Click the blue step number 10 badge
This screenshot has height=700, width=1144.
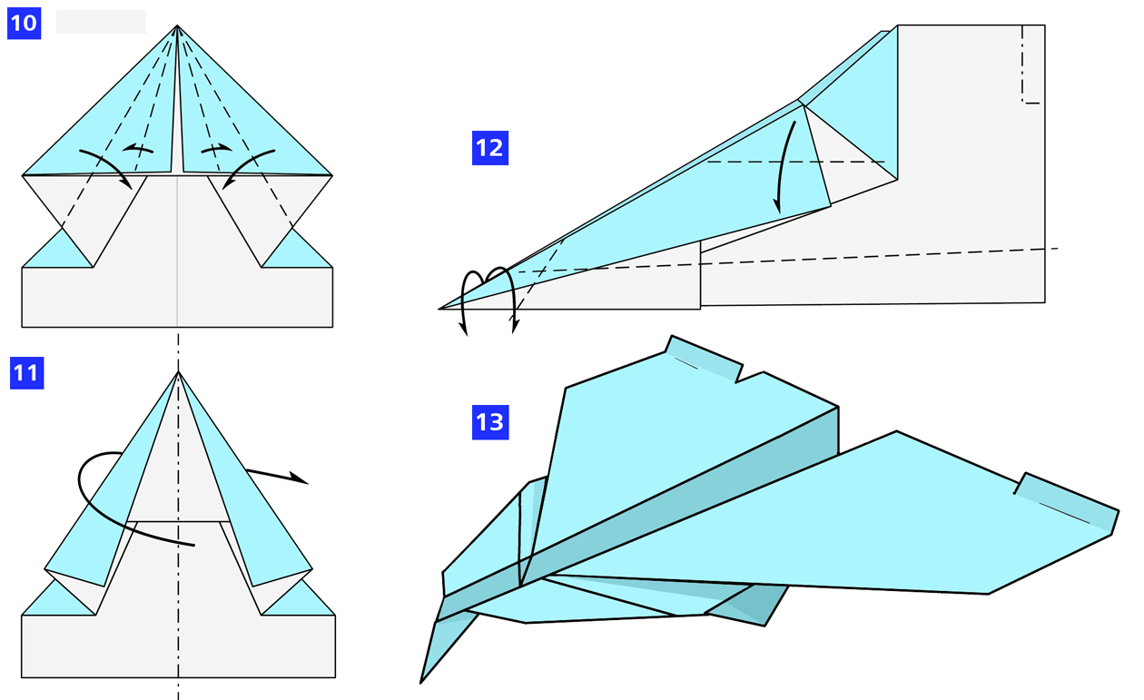23,22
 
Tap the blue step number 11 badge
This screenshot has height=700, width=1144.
26,373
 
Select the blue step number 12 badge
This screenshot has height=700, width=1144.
489,148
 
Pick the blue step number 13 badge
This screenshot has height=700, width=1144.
489,422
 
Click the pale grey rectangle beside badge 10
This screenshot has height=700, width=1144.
101,22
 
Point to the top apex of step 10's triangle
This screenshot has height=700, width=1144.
177,26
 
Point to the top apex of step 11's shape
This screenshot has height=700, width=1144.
178,372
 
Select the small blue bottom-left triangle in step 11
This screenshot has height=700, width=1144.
59,602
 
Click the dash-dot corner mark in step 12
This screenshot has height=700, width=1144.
1028,73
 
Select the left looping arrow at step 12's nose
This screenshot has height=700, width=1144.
468,300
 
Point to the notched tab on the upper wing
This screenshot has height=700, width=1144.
704,360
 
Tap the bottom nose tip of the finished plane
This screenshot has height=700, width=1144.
422,680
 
